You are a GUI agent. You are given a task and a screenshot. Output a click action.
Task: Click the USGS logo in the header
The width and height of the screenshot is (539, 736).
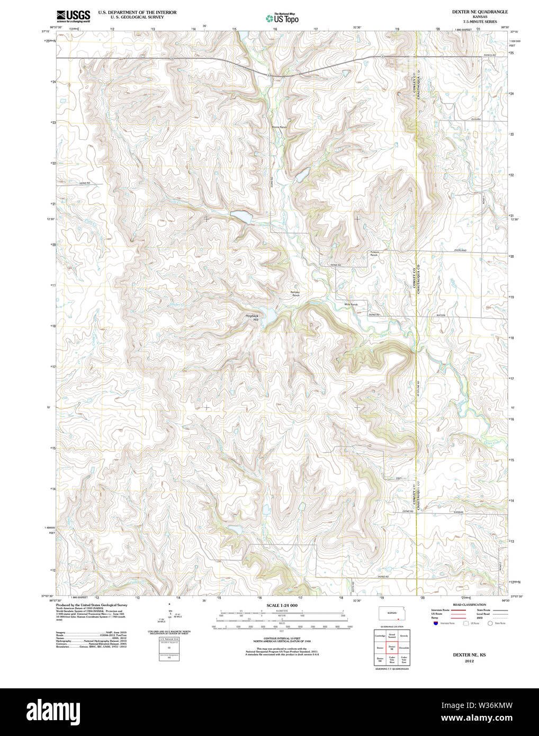73,15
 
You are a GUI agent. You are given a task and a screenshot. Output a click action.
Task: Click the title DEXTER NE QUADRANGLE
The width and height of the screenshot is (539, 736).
472,12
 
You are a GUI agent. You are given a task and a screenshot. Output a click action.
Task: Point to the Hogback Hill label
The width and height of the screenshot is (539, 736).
252,318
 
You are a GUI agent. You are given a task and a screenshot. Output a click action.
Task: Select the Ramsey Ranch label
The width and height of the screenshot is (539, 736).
295,293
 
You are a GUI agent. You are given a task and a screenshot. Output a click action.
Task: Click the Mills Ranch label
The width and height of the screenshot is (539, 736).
351,304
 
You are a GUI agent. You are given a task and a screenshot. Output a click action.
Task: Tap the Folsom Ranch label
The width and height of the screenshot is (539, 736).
374,254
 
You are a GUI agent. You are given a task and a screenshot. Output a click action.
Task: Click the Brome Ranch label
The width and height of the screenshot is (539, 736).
279,128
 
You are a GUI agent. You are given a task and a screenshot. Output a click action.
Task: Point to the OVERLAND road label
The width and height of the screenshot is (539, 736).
460,250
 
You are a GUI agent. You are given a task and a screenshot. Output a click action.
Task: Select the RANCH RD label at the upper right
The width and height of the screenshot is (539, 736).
489,55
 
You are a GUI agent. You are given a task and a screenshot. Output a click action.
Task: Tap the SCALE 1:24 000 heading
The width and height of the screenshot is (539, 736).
282,605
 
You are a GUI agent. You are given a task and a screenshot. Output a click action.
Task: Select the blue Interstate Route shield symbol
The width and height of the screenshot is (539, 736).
435,624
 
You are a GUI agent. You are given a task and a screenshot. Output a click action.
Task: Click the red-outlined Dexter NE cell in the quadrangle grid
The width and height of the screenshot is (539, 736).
392,648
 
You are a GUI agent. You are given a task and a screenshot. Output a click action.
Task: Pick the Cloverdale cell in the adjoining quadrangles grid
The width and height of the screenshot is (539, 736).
404,648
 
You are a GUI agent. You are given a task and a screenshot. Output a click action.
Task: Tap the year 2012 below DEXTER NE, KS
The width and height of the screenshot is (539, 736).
469,661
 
